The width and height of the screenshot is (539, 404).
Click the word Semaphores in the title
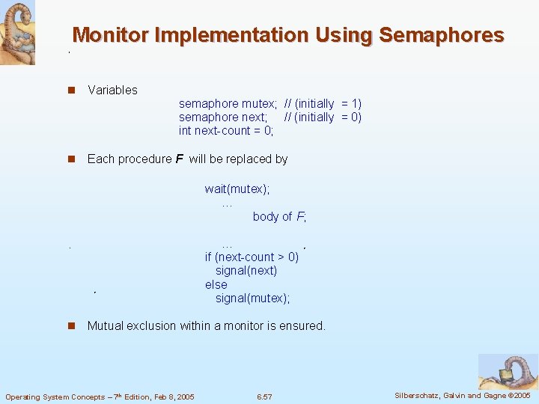pos(442,35)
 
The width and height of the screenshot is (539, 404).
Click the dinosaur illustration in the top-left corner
pos(16,32)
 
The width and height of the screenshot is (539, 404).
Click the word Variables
pos(112,90)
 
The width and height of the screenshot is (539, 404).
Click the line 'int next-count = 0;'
pos(226,131)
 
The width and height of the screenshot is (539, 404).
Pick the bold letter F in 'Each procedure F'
pos(179,159)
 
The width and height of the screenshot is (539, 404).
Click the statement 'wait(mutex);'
pos(237,189)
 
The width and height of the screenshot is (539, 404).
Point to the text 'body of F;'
pos(279,216)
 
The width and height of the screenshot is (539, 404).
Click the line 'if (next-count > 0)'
pos(252,257)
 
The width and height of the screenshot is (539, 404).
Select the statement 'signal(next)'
pos(246,270)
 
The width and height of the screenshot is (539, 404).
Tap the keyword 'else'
pos(216,284)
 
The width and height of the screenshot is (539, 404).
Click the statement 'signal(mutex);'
pos(252,298)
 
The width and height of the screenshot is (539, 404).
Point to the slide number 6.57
pos(264,397)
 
